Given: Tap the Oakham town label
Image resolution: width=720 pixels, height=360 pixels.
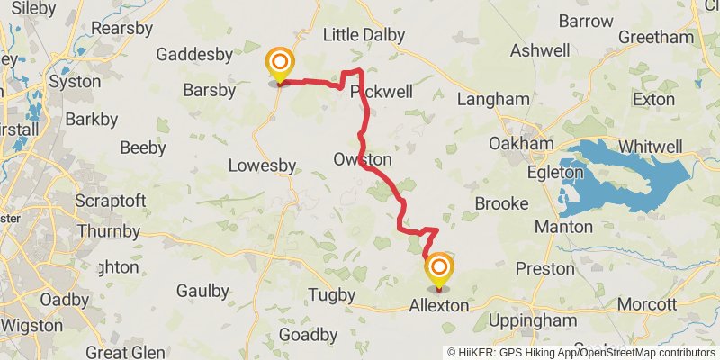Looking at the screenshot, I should pos(520,144).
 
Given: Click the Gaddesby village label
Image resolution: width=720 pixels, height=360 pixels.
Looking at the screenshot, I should pos(195,55).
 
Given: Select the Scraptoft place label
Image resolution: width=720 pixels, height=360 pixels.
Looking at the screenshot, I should pos(112,200).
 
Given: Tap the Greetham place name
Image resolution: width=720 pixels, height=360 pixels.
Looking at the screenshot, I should pos(662,37).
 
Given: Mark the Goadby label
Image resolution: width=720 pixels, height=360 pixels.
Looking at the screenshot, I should pos(309,335).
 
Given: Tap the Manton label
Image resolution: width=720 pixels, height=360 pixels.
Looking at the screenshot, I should pos(563,227).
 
